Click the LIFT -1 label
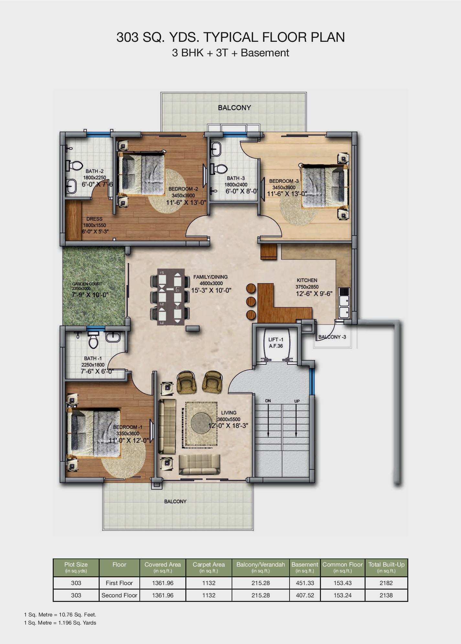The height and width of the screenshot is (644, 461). tap(276, 339)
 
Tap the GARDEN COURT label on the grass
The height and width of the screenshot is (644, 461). tap(87, 284)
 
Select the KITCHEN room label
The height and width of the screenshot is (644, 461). tap(307, 280)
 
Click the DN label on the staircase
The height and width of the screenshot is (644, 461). tap(268, 401)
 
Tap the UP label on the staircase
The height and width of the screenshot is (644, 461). tap(297, 401)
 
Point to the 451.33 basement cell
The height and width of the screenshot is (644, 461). tap(305, 583)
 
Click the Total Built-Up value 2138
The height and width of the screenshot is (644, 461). tap(386, 595)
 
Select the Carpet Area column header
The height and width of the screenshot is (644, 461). tap(209, 567)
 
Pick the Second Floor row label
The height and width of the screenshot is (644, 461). tap(119, 595)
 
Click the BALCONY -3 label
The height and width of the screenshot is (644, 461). tap(332, 337)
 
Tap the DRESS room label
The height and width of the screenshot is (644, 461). tap(94, 219)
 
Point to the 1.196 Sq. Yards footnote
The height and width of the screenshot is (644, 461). tap(60, 623)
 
